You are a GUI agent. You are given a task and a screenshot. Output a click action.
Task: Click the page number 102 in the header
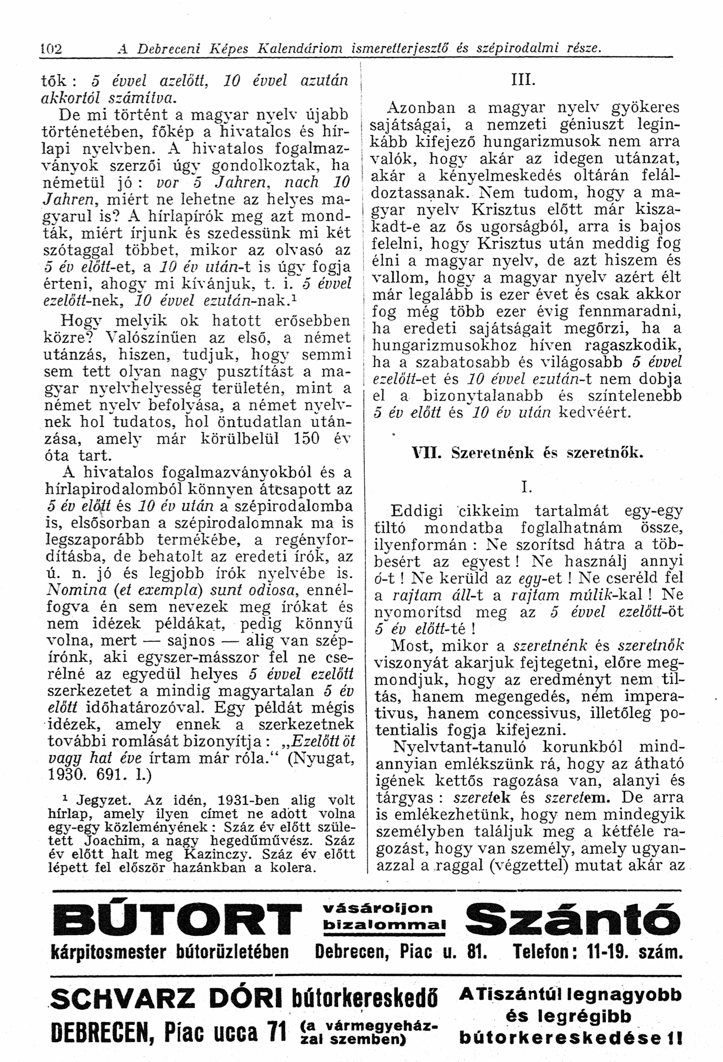51,48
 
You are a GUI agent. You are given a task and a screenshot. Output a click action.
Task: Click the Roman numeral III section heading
523,81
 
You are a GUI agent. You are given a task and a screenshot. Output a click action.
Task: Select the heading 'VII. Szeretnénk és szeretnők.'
528,453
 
